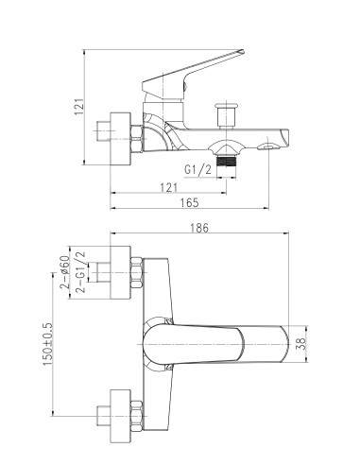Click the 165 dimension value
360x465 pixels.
[x=188, y=203]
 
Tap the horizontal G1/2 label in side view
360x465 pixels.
[x=197, y=170]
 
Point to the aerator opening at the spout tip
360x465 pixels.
[x=273, y=144]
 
